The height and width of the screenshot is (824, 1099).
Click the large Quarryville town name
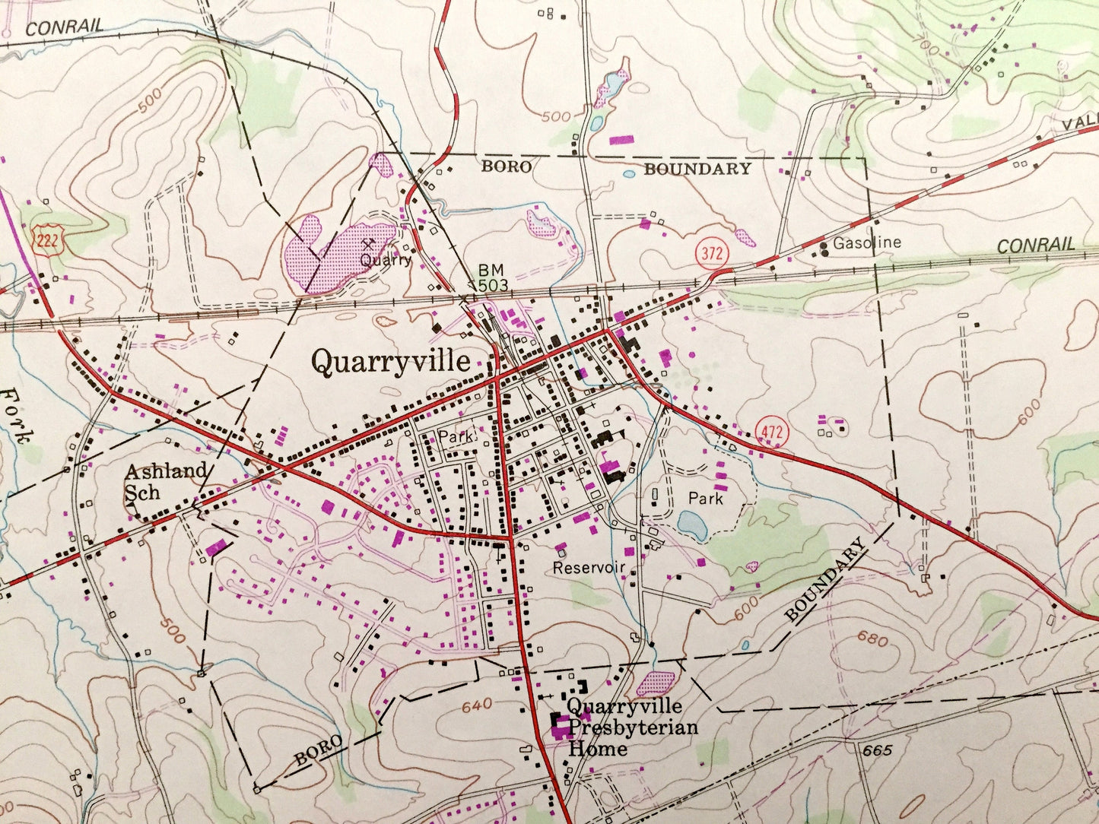390,362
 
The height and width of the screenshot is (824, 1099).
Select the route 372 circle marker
712,253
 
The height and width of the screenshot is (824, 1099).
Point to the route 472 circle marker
773,432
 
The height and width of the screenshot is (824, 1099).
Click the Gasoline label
867,243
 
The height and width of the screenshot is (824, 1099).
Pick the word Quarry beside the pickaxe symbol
386,260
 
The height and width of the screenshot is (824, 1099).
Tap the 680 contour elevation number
872,639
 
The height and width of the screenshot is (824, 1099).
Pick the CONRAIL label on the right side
1036,246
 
